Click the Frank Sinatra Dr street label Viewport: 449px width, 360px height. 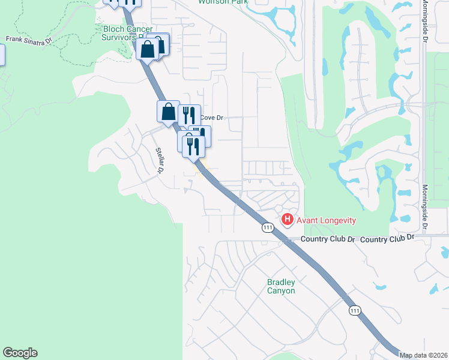pyautogui.click(x=29, y=40)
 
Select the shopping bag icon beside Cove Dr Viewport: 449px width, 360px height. pyautogui.click(x=168, y=112)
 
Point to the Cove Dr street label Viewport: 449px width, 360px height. pyautogui.click(x=211, y=118)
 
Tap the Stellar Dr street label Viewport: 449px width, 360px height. pyautogui.click(x=160, y=161)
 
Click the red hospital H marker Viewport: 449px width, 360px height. pyautogui.click(x=288, y=220)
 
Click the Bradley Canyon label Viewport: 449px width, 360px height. pyautogui.click(x=281, y=286)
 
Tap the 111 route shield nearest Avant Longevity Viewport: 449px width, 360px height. pyautogui.click(x=268, y=228)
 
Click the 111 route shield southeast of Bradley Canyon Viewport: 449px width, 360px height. pyautogui.click(x=355, y=310)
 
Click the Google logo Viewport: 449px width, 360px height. pyautogui.click(x=20, y=353)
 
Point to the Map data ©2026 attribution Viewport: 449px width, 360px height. pyautogui.click(x=424, y=355)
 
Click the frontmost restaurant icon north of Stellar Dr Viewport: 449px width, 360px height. pyautogui.click(x=193, y=145)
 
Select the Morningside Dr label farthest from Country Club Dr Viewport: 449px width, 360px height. pyautogui.click(x=424, y=21)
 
